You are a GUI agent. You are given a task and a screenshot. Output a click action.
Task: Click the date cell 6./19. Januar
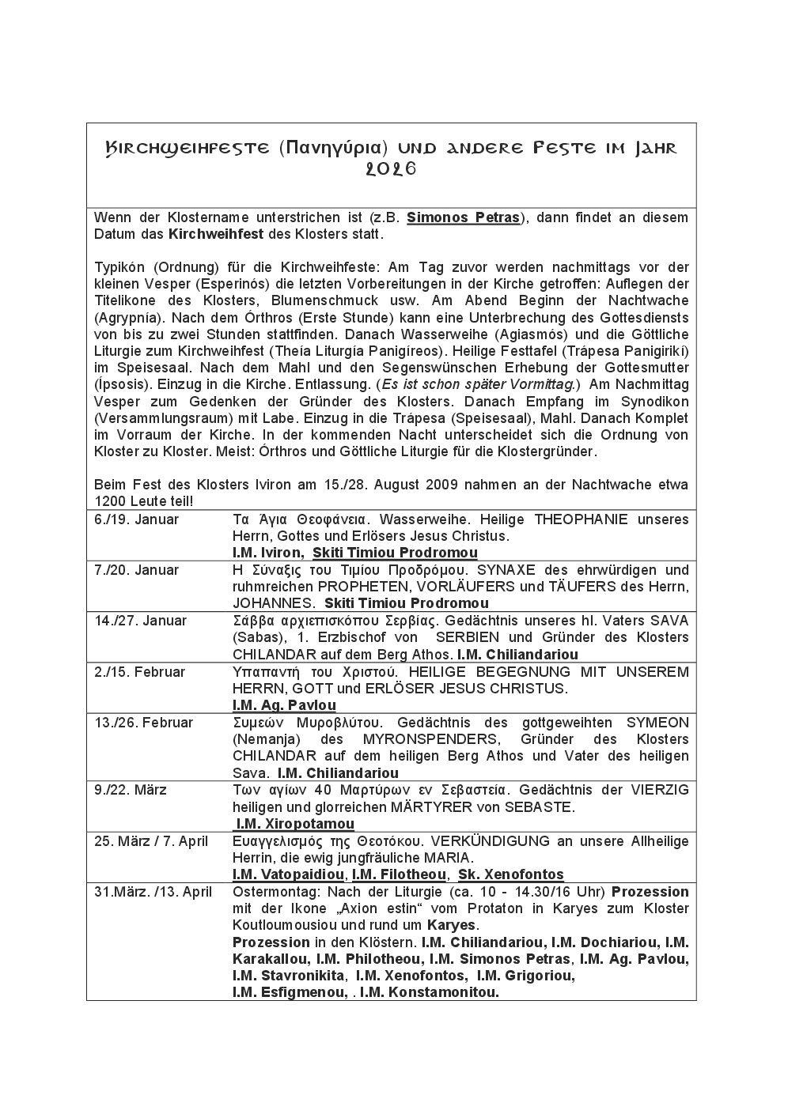click(137, 519)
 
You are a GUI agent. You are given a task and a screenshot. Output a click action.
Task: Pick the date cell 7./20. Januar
click(137, 570)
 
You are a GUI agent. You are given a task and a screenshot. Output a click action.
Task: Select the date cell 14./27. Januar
click(141, 621)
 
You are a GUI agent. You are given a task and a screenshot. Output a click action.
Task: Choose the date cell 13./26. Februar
click(143, 723)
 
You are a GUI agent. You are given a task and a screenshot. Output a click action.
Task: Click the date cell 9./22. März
click(131, 790)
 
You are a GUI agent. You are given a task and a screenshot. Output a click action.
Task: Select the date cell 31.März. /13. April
click(153, 892)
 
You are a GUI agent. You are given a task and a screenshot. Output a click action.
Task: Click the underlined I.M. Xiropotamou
click(295, 824)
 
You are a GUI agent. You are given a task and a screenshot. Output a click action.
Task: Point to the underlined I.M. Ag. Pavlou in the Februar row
click(284, 705)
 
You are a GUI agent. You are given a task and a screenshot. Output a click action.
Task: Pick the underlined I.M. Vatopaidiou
click(289, 874)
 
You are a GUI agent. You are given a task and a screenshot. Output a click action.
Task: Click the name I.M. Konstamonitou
click(430, 993)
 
